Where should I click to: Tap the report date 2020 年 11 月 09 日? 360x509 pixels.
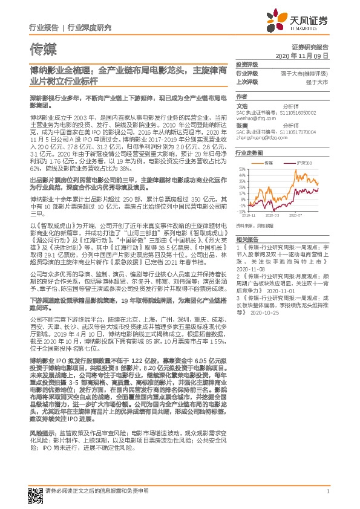click(301, 56)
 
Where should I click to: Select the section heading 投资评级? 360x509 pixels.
click(246, 64)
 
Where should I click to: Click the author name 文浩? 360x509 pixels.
click(242, 105)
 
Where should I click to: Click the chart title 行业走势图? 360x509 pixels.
click(248, 154)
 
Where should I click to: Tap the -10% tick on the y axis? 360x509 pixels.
click(241, 212)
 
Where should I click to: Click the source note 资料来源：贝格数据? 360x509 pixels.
click(250, 224)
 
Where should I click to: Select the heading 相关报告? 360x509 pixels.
click(246, 240)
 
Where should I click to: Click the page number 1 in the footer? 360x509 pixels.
click(327, 491)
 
